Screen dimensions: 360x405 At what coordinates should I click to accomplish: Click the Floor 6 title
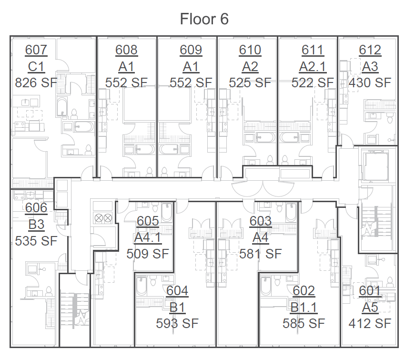pyautogui.click(x=204, y=19)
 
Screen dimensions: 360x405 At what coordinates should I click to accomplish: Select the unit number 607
pyautogui.click(x=36, y=50)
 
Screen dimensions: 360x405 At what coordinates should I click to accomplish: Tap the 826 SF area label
pyautogui.click(x=36, y=82)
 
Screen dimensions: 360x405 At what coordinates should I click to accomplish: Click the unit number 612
pyautogui.click(x=370, y=50)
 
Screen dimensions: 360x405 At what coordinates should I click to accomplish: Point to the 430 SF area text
pyautogui.click(x=370, y=82)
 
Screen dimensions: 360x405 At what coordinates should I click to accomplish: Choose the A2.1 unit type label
pyautogui.click(x=313, y=66)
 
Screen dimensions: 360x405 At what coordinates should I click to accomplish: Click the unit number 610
pyautogui.click(x=250, y=50)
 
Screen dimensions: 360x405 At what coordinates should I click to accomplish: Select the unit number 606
pyautogui.click(x=36, y=207)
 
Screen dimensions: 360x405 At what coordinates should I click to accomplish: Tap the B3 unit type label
pyautogui.click(x=36, y=224)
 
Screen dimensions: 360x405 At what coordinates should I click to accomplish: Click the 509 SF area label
pyautogui.click(x=148, y=253)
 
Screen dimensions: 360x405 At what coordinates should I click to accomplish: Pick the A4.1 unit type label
pyautogui.click(x=148, y=237)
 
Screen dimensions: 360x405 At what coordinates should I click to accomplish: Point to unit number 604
pyautogui.click(x=177, y=290)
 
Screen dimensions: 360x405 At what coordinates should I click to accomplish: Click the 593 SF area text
pyautogui.click(x=177, y=323)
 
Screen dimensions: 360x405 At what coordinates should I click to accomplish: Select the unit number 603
pyautogui.click(x=261, y=221)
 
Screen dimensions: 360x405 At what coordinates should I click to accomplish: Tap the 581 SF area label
pyautogui.click(x=261, y=253)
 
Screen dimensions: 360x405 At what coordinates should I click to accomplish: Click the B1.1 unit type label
pyautogui.click(x=304, y=307)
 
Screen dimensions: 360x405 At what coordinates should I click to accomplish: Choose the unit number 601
pyautogui.click(x=370, y=290)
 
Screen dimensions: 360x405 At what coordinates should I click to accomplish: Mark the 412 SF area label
pyautogui.click(x=370, y=323)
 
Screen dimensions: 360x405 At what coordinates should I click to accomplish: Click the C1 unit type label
pyautogui.click(x=36, y=66)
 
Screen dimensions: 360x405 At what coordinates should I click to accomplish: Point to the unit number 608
pyautogui.click(x=127, y=50)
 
